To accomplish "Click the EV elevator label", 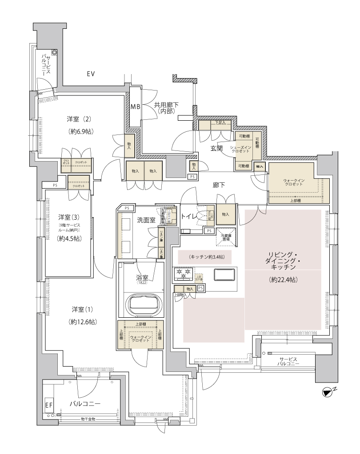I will tap(91, 74).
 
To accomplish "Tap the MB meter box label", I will tap(135, 107).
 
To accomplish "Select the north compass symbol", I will tap(328, 391).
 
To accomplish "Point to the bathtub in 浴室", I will tap(142, 305).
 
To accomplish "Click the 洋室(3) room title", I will tap(68, 217).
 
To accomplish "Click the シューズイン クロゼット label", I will tap(240, 149).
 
